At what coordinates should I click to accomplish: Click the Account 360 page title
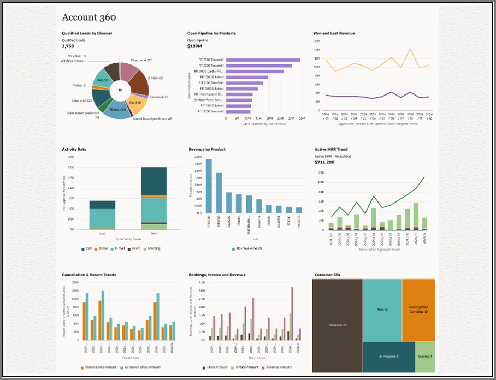[89, 17]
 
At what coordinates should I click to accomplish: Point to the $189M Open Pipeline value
[195, 46]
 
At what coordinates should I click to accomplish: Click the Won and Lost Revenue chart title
[334, 33]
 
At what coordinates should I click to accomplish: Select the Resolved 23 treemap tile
[337, 325]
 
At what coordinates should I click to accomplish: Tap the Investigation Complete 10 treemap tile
[418, 309]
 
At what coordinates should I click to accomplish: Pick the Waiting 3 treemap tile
[425, 357]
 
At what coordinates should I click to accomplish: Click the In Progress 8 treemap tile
[388, 357]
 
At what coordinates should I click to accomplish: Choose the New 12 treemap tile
[382, 310]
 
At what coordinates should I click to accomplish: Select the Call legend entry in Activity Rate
[87, 248]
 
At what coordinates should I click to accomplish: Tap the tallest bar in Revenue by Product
[209, 186]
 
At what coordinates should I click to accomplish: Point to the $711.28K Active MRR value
[324, 162]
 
